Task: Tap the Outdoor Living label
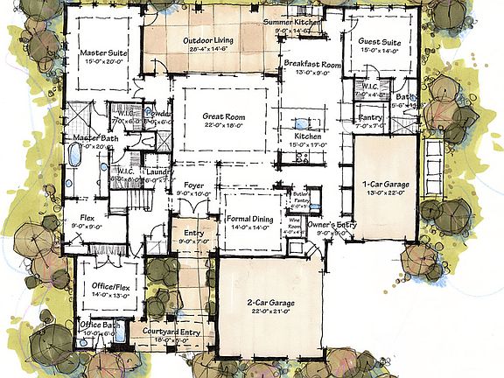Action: click(207, 41)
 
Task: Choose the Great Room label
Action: click(223, 116)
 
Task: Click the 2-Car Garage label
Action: click(269, 303)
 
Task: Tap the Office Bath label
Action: click(100, 325)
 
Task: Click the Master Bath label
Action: click(89, 138)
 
